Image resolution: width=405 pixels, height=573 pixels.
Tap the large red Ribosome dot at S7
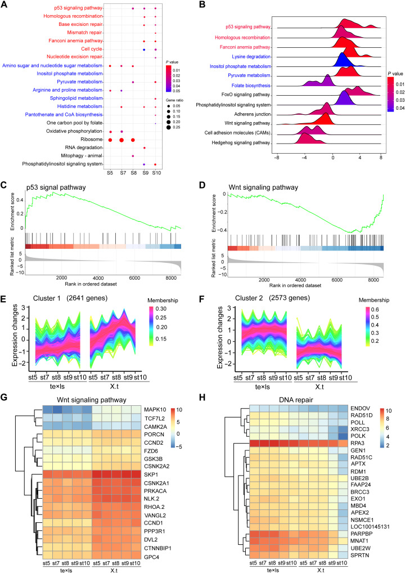pos(121,140)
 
